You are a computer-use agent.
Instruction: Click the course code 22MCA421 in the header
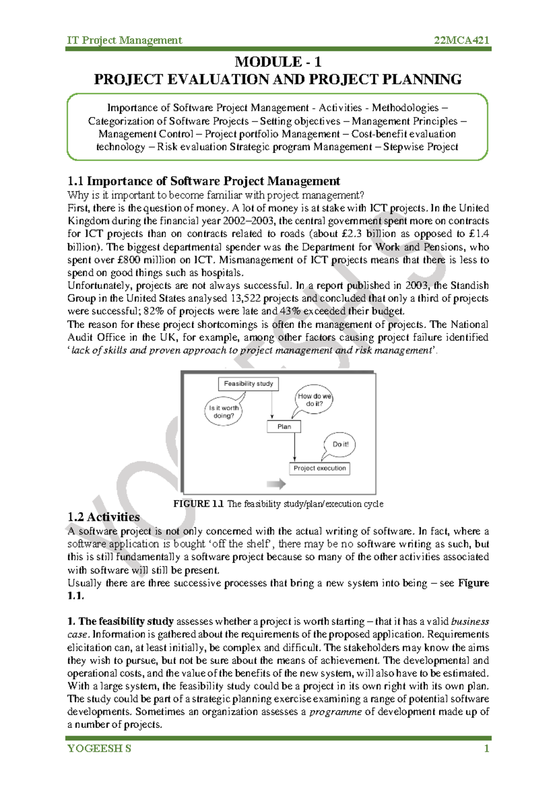[x=461, y=40]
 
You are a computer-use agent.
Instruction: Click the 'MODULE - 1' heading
[x=278, y=62]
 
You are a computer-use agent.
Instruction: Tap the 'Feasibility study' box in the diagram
[x=248, y=384]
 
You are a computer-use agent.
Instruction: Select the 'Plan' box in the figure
[x=284, y=426]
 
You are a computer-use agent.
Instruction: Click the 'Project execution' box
[x=319, y=468]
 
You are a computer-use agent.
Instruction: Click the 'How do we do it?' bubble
[x=314, y=400]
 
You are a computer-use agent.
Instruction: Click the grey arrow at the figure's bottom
[x=276, y=484]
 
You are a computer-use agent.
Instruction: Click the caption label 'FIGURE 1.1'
[x=198, y=504]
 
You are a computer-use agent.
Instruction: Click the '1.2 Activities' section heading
[x=103, y=517]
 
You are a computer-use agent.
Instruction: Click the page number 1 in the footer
[x=486, y=748]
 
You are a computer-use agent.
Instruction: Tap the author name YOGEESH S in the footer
[x=99, y=748]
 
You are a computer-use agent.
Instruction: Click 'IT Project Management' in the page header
[x=124, y=40]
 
